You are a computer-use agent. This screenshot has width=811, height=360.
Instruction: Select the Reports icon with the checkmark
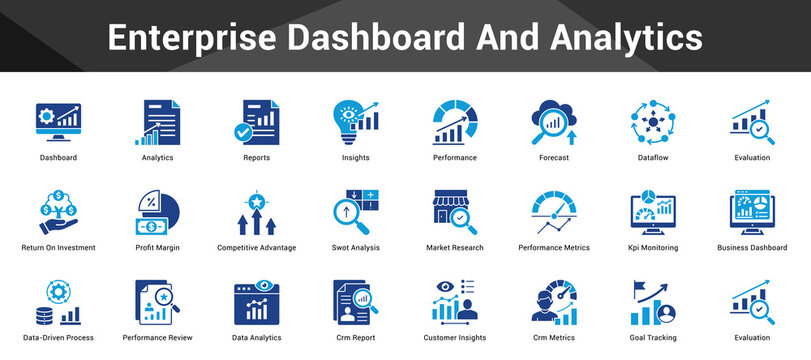click(x=256, y=122)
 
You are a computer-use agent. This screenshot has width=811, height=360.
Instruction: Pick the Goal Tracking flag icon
click(x=652, y=302)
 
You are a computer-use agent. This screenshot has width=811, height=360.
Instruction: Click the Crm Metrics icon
click(x=553, y=302)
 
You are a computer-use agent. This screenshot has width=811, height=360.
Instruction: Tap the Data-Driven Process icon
click(x=58, y=302)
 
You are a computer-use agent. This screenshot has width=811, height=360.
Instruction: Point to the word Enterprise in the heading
click(x=192, y=38)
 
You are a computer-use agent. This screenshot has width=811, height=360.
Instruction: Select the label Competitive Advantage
click(x=256, y=247)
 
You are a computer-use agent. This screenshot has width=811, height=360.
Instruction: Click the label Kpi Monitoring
click(x=652, y=247)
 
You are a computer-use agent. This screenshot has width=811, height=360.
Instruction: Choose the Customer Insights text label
click(x=454, y=338)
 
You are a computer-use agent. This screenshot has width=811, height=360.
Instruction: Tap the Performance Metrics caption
click(x=553, y=247)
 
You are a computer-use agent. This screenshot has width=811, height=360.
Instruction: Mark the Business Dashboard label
click(x=752, y=247)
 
